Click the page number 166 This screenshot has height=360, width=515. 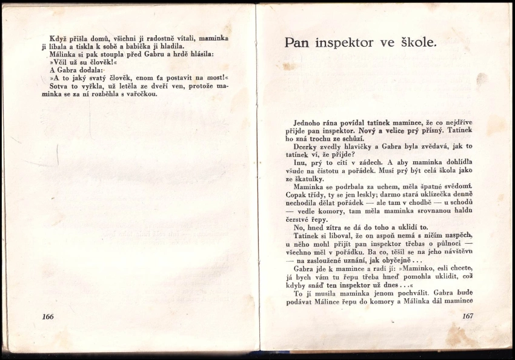[48, 316]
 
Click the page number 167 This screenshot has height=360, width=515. [467, 316]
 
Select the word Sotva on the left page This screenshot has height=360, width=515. [60, 86]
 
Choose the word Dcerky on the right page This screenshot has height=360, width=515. [307, 147]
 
